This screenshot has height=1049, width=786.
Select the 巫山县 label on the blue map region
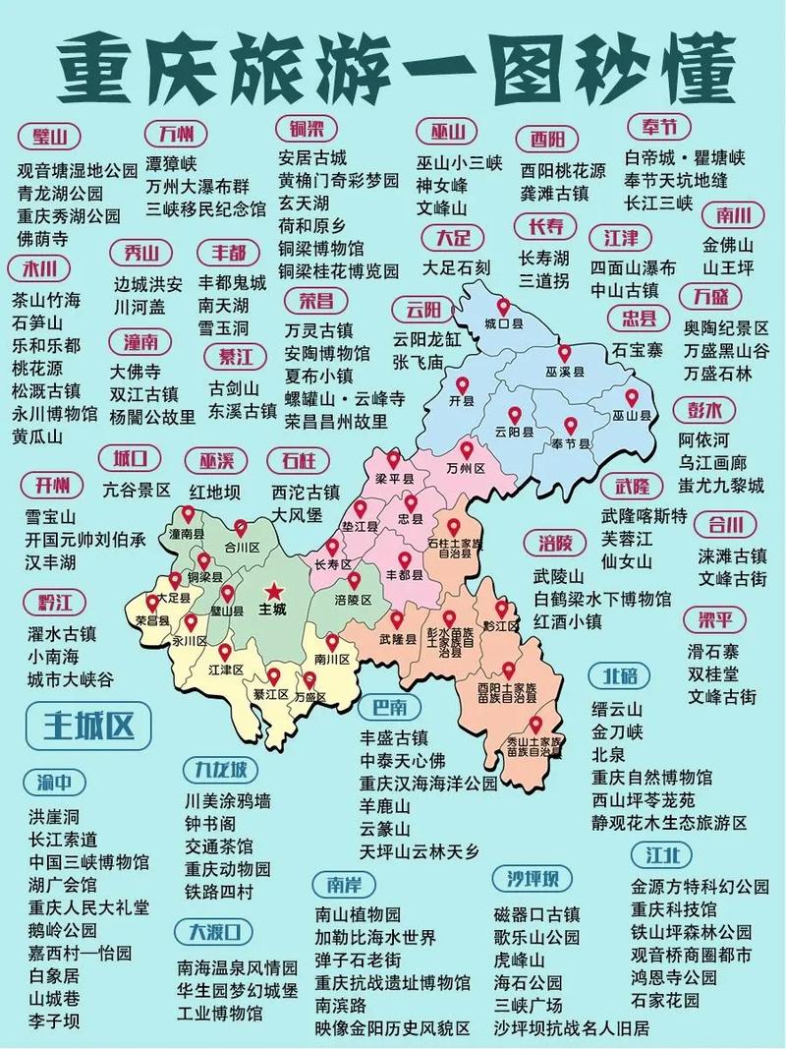tap(632, 416)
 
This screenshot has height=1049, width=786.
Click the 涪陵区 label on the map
tap(353, 599)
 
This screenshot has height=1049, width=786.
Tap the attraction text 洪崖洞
tap(53, 816)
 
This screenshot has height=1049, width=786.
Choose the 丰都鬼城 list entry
tap(232, 283)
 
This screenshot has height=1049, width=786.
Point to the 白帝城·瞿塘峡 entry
tap(685, 157)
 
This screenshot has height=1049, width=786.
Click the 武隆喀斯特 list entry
tap(645, 516)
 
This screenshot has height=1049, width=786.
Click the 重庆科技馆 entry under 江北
tap(674, 908)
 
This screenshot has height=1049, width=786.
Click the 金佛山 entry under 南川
tap(728, 245)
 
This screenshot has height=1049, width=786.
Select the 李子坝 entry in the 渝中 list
tap(53, 1021)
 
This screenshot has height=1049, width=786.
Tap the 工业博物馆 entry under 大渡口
tap(220, 1012)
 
